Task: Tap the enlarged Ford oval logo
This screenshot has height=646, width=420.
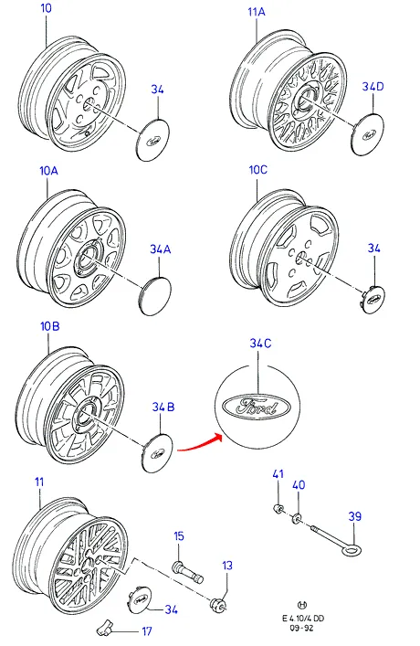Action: [257, 407]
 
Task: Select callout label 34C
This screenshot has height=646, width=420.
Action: [260, 344]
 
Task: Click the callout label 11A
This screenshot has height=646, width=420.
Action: [257, 12]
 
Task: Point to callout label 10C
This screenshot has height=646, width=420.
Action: [258, 169]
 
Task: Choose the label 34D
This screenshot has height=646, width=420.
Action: [373, 87]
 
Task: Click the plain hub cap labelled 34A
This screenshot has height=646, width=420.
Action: [155, 296]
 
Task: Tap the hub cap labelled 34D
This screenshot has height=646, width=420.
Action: [368, 134]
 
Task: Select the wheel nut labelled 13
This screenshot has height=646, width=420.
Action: [218, 604]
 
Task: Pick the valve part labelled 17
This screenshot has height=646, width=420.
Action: [104, 628]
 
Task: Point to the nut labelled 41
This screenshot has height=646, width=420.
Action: [278, 509]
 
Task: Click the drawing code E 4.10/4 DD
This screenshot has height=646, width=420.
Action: [302, 618]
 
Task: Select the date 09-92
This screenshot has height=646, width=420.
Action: [302, 628]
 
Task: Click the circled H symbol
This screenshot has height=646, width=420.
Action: [302, 605]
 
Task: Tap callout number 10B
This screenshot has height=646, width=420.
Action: [50, 326]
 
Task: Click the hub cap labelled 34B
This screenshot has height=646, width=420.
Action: [158, 453]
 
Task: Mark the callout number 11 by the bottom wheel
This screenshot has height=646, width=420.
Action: [39, 482]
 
